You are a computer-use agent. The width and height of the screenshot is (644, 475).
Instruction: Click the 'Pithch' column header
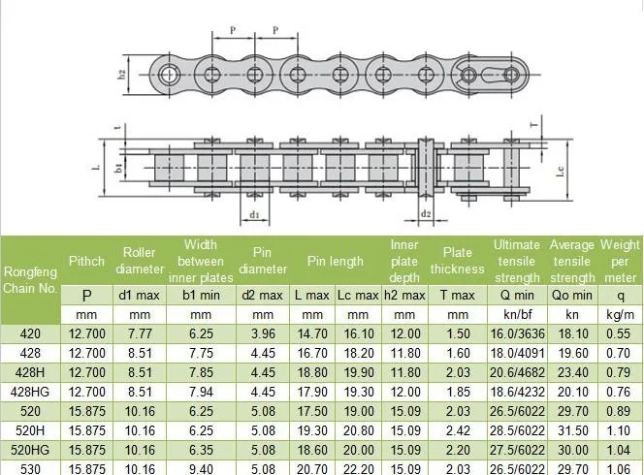(86, 261)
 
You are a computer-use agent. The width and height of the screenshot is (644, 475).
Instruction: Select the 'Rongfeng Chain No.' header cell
(31, 279)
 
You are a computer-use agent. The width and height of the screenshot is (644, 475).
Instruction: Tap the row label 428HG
(31, 392)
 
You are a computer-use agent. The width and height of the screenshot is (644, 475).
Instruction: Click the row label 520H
(31, 430)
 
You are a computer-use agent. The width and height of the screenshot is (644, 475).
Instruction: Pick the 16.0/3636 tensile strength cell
(516, 333)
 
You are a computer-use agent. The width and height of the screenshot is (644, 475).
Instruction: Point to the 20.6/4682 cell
(516, 372)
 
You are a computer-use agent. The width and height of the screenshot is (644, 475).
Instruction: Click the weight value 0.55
(620, 333)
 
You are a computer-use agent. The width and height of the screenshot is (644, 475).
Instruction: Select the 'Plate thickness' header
(457, 261)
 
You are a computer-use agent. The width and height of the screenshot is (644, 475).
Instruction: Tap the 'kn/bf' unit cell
(516, 315)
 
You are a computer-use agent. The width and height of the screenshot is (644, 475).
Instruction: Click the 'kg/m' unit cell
(620, 315)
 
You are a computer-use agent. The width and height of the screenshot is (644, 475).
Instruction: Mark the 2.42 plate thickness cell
(457, 430)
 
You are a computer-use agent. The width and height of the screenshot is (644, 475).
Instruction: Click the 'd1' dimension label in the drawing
(255, 214)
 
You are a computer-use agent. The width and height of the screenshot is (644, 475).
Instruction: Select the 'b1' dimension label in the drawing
(119, 168)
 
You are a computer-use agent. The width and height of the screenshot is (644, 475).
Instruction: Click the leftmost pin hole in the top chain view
(171, 75)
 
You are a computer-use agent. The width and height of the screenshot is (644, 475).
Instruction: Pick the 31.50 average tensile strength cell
(571, 430)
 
